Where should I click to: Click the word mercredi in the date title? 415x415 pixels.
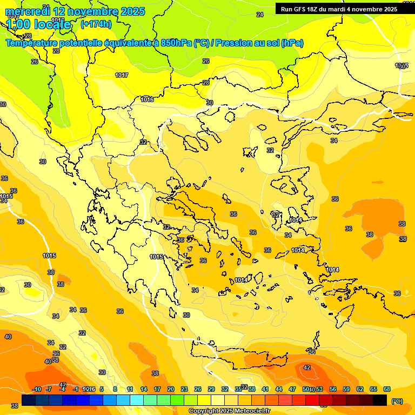coord(27,11)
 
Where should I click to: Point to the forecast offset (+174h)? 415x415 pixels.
coord(96,24)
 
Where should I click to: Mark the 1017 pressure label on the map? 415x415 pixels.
coord(122,75)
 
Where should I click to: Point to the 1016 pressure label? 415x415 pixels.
coord(147,99)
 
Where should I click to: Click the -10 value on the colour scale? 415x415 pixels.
coord(37,390)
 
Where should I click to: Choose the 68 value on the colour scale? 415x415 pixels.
coord(387,390)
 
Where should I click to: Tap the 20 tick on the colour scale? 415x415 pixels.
coord(171,390)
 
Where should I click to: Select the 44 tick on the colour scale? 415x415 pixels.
coord(278,390)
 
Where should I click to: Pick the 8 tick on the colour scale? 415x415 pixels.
coord(115,390)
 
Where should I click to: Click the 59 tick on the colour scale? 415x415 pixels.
coord(345,390)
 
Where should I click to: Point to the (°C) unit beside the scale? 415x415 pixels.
coord(397,401)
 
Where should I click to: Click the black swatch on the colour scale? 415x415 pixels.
coord(380,400)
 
